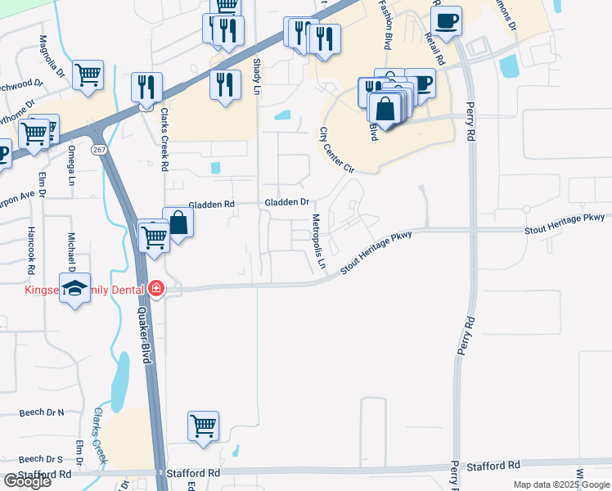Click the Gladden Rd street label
(x=211, y=204)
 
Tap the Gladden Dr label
(x=286, y=202)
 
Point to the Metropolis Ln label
(x=319, y=243)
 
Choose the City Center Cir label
(x=336, y=150)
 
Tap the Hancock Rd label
(x=31, y=250)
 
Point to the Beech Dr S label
(x=41, y=459)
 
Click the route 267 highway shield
(x=99, y=150)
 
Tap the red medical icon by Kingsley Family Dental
(x=155, y=289)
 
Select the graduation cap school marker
(x=75, y=288)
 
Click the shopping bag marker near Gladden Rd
(x=178, y=222)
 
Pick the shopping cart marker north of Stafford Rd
(x=203, y=425)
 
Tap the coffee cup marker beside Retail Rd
(x=446, y=20)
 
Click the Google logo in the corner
(x=26, y=480)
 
